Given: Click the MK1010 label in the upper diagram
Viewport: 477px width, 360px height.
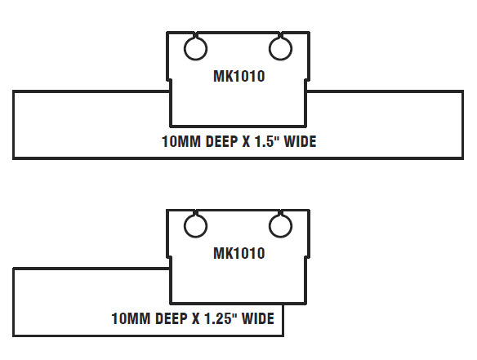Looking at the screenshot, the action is [239, 76].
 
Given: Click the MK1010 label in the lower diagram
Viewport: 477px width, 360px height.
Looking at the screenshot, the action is [239, 253].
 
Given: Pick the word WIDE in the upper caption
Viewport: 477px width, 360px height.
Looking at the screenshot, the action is [300, 141].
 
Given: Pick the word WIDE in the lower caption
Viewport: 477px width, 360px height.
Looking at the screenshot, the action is [258, 318].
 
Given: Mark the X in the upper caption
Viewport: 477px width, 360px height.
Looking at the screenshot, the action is [246, 141].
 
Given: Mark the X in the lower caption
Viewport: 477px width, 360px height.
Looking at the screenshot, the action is [195, 318].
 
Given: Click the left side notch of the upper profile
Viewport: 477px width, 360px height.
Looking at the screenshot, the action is [169, 80].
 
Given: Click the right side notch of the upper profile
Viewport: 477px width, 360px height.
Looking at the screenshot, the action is [308, 80].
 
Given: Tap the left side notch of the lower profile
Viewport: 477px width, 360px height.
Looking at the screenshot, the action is [169, 257].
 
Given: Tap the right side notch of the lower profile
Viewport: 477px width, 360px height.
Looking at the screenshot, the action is [308, 257].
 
